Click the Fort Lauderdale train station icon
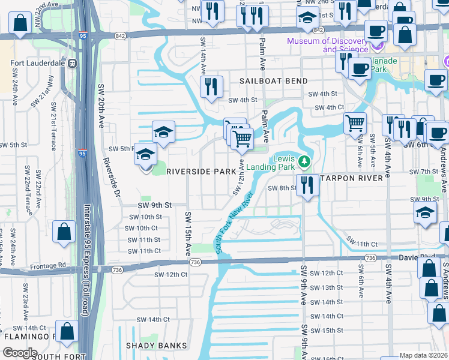click(x=72, y=62)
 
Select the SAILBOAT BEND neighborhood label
click(x=274, y=80)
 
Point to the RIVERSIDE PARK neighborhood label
click(x=201, y=171)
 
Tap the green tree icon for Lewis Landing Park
click(x=304, y=161)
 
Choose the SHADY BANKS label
click(x=156, y=346)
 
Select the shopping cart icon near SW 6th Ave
click(x=355, y=123)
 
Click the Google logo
click(x=19, y=352)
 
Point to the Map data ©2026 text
click(x=424, y=355)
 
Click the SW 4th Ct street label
click(x=329, y=107)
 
